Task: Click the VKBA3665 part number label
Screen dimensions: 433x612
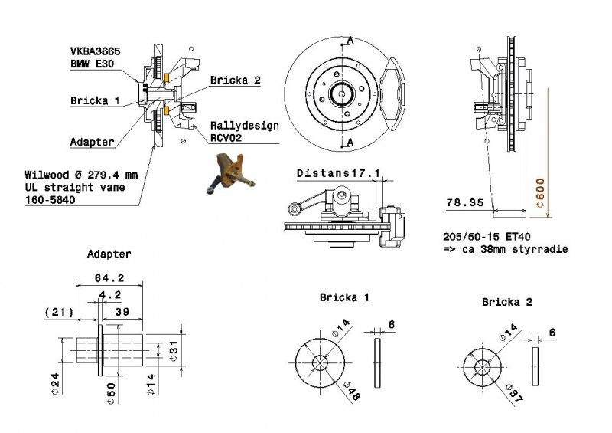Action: coord(94,51)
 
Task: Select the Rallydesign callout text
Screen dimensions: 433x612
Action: coord(245,126)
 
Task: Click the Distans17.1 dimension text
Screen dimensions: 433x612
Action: coord(338,174)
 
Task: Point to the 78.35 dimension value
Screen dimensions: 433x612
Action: coord(464,203)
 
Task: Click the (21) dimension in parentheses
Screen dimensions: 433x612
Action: coord(58,311)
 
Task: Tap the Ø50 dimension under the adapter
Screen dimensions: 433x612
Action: coord(112,389)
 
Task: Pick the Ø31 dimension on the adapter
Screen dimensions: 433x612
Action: coord(176,351)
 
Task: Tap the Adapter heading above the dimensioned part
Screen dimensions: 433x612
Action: coord(109,254)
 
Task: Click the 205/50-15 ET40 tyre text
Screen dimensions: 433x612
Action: coord(489,238)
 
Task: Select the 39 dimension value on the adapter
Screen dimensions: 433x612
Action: coord(121,311)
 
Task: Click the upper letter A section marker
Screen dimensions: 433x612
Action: coord(350,39)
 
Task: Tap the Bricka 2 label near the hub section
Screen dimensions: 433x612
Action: coord(236,80)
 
